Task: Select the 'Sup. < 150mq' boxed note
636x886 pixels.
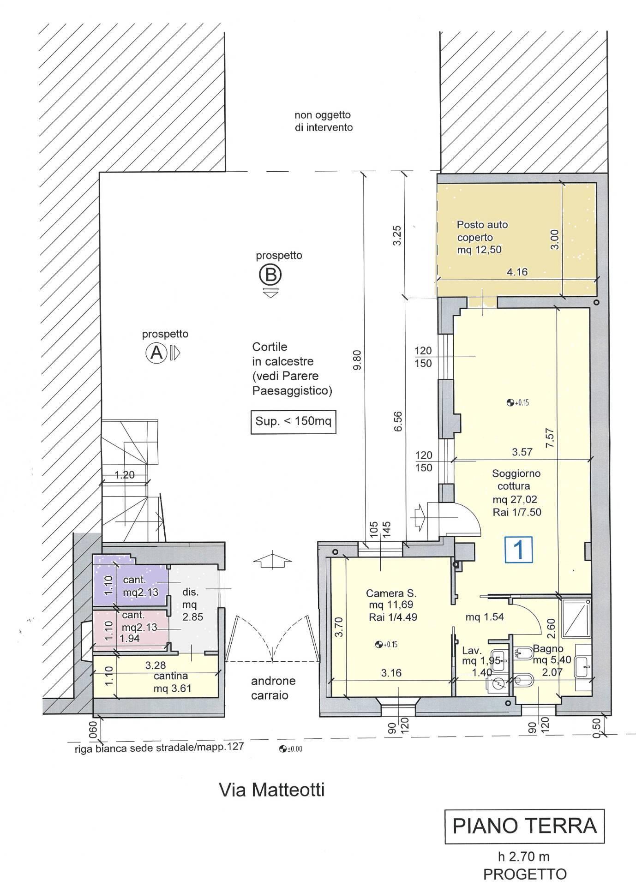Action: pos(293,421)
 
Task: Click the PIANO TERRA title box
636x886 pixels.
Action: pos(525,826)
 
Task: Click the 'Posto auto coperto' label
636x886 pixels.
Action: pos(482,231)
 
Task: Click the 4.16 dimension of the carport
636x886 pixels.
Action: pos(517,272)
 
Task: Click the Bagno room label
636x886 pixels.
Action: pos(548,648)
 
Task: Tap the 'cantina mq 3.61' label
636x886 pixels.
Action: pos(172,682)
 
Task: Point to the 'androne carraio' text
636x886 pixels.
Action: pos(273,688)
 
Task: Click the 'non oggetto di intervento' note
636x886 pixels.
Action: pos(323,121)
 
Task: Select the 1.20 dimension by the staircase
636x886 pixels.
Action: pos(125,474)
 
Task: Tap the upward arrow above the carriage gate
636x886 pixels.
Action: pos(273,560)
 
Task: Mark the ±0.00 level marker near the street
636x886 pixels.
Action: pos(290,749)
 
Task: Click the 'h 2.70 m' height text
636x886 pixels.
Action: pos(523,856)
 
